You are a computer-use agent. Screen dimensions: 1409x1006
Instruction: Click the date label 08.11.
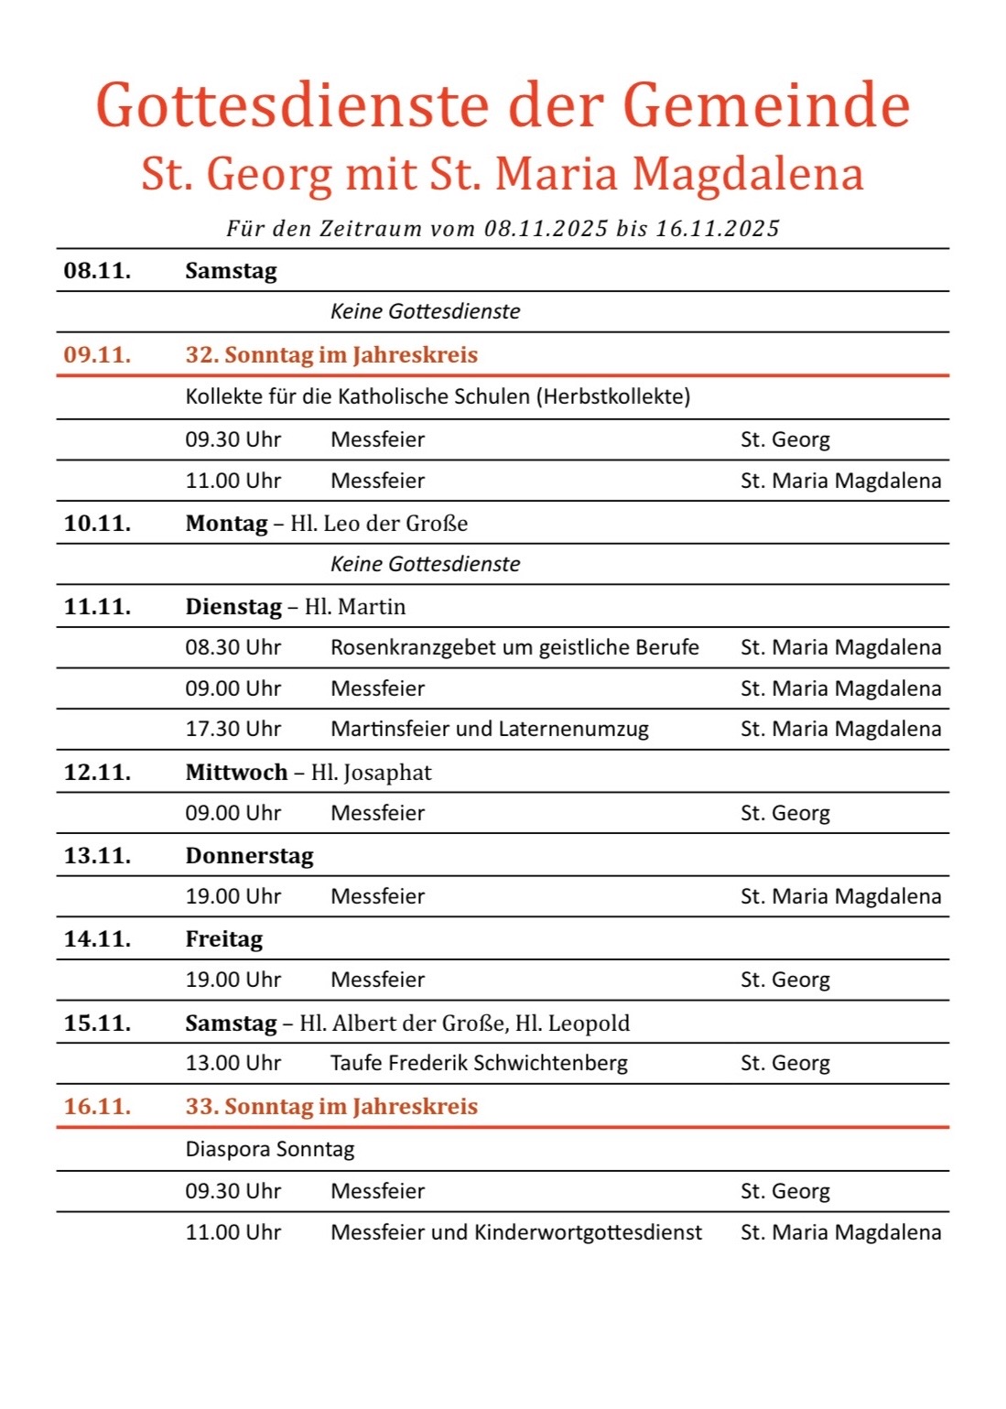pyautogui.click(x=97, y=271)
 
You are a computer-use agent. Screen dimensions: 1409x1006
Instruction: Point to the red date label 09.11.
pyautogui.click(x=97, y=355)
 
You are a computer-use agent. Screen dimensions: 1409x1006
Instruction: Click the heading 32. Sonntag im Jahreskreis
pyautogui.click(x=331, y=355)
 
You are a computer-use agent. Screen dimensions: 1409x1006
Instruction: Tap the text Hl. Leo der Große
pyautogui.click(x=379, y=524)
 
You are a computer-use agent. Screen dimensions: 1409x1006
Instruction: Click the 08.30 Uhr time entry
pyautogui.click(x=233, y=647)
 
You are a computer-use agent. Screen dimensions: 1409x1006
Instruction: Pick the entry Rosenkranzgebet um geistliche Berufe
pyautogui.click(x=514, y=647)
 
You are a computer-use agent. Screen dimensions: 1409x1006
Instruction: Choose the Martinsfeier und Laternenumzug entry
pyautogui.click(x=490, y=729)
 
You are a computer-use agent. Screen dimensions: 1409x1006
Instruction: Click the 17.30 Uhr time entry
pyautogui.click(x=233, y=729)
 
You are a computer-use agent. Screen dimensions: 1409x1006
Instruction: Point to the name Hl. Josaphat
pyautogui.click(x=371, y=773)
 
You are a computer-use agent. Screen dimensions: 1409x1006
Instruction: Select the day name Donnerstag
pyautogui.click(x=249, y=856)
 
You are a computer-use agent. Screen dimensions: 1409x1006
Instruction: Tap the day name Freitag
pyautogui.click(x=223, y=939)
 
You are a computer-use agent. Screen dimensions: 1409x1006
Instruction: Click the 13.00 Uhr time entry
pyautogui.click(x=233, y=1063)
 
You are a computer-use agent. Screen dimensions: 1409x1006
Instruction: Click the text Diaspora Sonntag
pyautogui.click(x=270, y=1149)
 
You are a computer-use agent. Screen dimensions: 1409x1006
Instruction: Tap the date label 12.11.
pyautogui.click(x=97, y=773)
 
